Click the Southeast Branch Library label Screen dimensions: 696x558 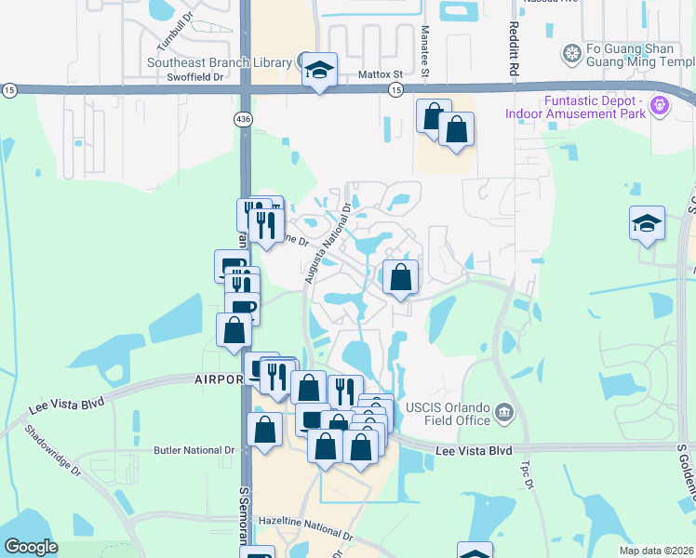220,62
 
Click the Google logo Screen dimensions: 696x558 31,547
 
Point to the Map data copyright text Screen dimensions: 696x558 655,551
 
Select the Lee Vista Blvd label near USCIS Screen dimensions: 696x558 475,450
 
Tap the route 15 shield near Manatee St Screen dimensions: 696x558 395,89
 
